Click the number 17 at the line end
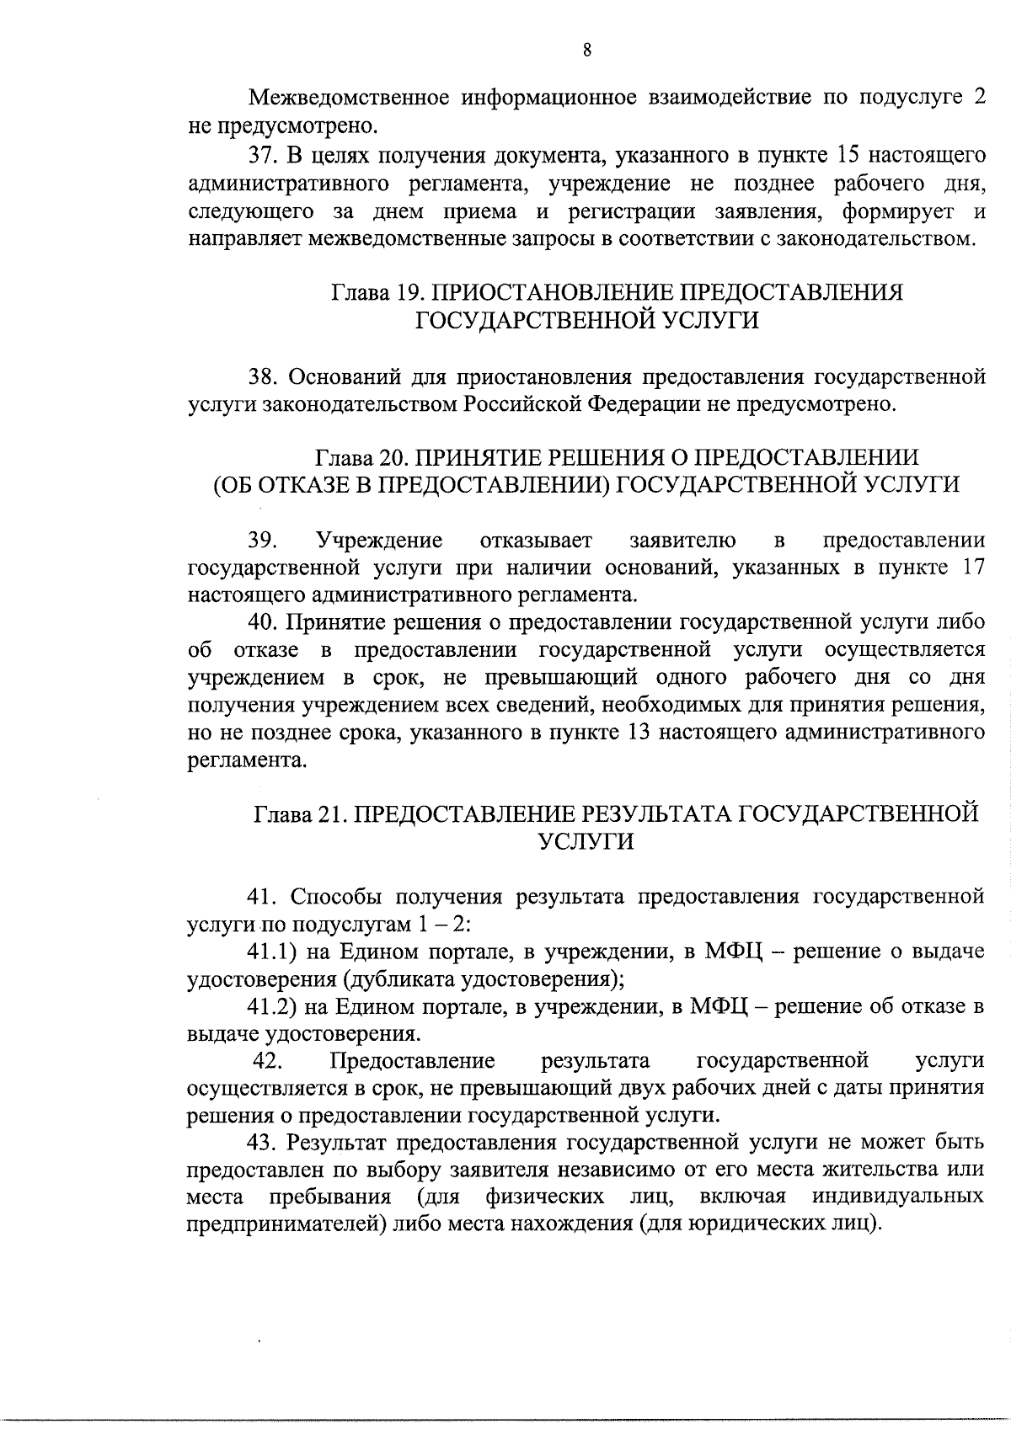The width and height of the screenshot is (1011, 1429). (x=972, y=568)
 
